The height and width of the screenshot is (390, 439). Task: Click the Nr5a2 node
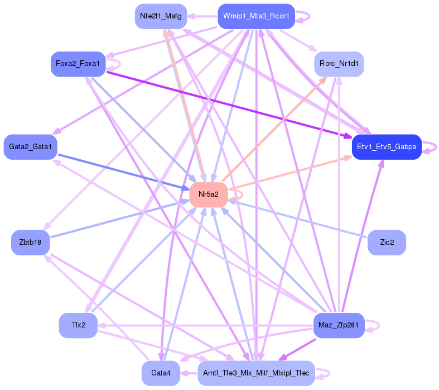click(209, 194)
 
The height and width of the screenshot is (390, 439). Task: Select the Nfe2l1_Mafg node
click(161, 16)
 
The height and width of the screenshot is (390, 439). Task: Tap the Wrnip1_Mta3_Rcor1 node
click(256, 16)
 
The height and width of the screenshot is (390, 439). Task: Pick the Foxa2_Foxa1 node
click(78, 64)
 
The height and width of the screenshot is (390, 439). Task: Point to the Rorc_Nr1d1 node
click(339, 64)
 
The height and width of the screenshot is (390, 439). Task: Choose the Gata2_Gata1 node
click(30, 147)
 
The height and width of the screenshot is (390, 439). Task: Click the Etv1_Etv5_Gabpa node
click(387, 147)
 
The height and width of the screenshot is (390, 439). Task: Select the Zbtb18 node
click(30, 242)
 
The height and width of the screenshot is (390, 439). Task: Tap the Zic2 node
click(387, 242)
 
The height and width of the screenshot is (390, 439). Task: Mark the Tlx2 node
click(78, 325)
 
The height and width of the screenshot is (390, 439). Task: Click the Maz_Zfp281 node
click(339, 325)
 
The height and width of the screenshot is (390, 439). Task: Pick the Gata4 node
click(161, 373)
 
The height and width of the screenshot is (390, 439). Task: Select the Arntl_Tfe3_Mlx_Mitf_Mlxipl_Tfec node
click(256, 373)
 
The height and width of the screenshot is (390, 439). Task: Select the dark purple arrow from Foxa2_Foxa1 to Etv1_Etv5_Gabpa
click(229, 104)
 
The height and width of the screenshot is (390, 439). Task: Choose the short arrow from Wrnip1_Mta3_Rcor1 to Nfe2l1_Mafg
click(202, 16)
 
